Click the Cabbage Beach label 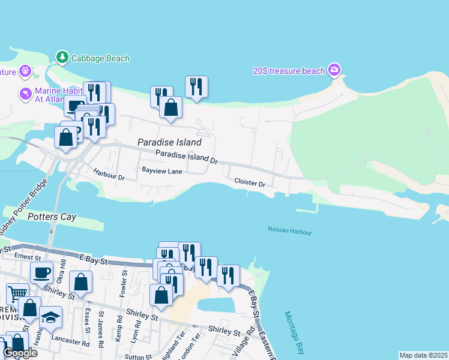point(100,58)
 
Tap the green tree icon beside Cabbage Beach point(62,58)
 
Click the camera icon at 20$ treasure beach point(335,71)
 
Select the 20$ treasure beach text point(288,71)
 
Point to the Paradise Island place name point(169,143)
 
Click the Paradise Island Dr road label point(186,157)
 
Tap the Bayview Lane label point(161,171)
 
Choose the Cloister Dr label point(250,182)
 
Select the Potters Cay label point(52,217)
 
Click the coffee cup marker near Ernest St point(41,273)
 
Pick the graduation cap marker point(50,317)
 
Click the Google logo point(20,353)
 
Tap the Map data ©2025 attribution point(423,355)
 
